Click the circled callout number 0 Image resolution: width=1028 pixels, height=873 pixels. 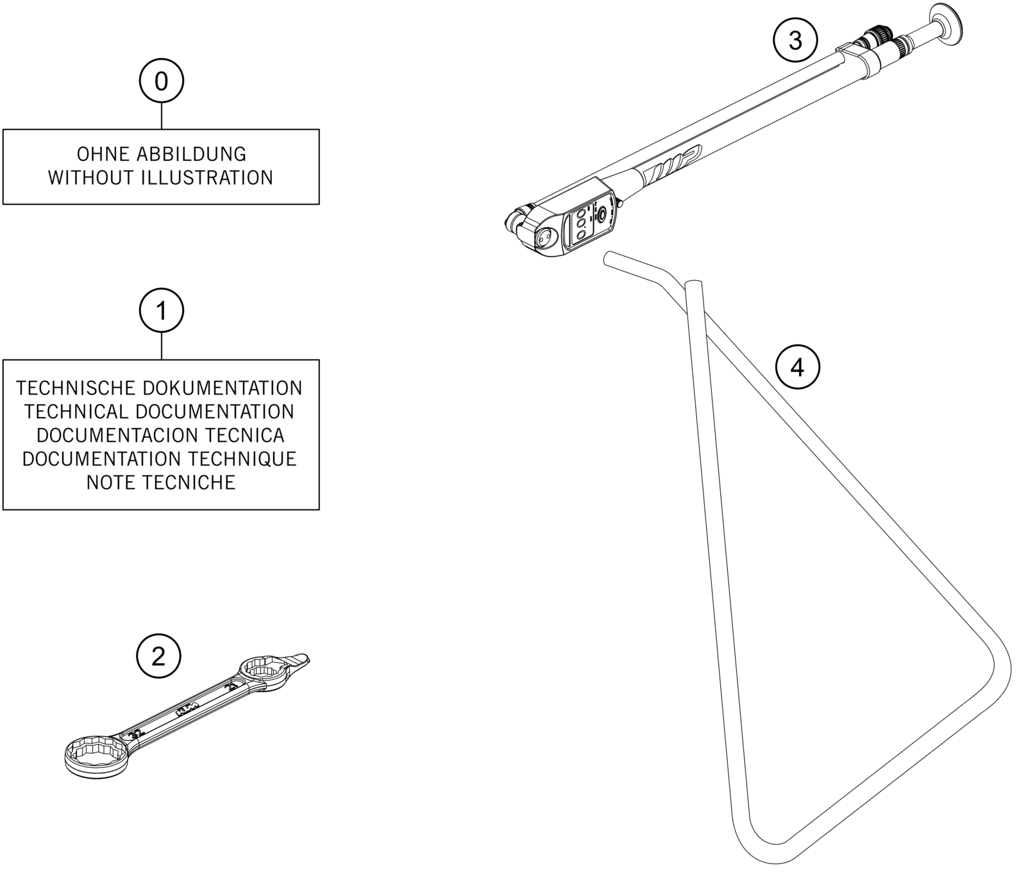coord(162,81)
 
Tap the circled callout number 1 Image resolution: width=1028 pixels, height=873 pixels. coord(162,311)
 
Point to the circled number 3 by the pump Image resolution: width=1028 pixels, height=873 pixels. coord(795,41)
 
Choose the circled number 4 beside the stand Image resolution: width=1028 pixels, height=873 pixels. coord(797,368)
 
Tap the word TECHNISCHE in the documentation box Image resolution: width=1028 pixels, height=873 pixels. coord(76,389)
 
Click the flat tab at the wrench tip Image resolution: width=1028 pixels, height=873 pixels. coord(298,659)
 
